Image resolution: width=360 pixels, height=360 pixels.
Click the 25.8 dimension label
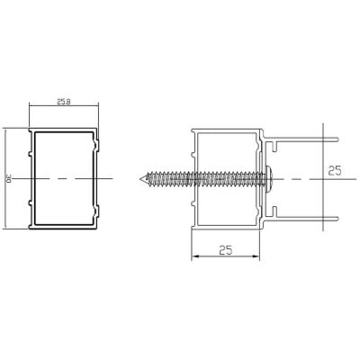click(63, 102)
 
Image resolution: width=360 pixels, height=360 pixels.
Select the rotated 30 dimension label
click(9, 179)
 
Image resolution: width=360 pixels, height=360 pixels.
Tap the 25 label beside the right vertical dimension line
click(335, 171)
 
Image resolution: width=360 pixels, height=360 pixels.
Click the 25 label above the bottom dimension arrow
click(226, 250)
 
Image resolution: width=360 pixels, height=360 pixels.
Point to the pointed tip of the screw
click(140, 179)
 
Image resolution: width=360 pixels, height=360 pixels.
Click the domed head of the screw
click(268, 179)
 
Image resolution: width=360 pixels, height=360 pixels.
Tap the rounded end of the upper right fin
click(337, 139)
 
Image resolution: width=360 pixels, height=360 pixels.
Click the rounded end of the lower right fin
click(337, 219)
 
